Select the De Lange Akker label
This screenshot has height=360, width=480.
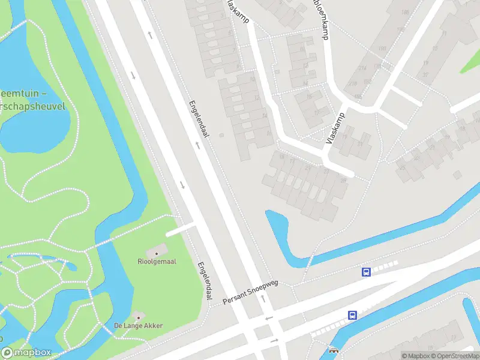click(139, 326)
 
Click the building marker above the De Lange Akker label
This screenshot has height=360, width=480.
click(139, 316)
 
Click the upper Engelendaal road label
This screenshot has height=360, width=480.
click(200, 121)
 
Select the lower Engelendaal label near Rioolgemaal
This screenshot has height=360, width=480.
click(205, 280)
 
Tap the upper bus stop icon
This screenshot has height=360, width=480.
click(366, 272)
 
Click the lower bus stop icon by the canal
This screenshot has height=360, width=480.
click(352, 315)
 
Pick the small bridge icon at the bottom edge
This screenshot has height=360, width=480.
click(334, 351)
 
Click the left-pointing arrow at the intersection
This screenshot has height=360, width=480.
click(268, 318)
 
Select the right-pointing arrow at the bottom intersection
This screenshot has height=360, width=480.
click(274, 341)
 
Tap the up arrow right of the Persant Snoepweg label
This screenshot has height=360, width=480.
click(263, 298)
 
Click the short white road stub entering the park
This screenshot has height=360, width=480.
click(181, 230)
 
